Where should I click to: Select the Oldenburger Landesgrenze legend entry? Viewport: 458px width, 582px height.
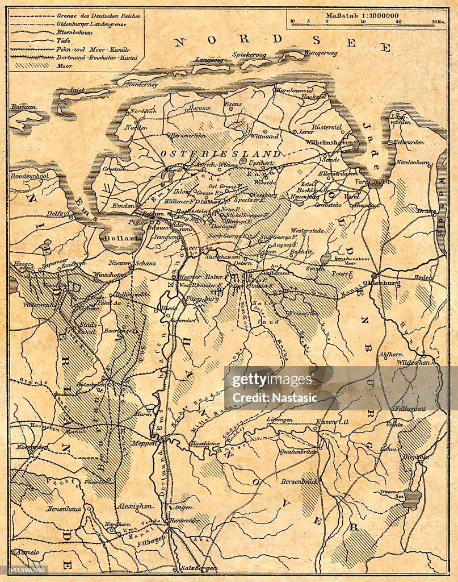click(x=91, y=24)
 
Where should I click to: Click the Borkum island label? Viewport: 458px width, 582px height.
click(x=21, y=106)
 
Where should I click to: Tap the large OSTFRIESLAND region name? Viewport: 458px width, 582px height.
click(x=220, y=154)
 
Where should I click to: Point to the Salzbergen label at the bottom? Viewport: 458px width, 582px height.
click(x=199, y=568)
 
